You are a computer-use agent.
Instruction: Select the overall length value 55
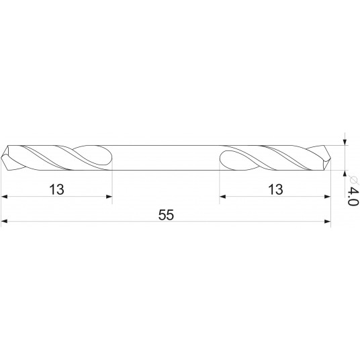click(165, 214)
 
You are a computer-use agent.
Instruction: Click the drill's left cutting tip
click(4, 157)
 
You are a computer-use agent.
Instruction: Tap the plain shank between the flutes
click(166, 157)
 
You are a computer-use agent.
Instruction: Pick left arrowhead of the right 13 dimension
click(224, 197)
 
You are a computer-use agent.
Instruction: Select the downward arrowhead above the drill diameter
click(345, 141)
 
